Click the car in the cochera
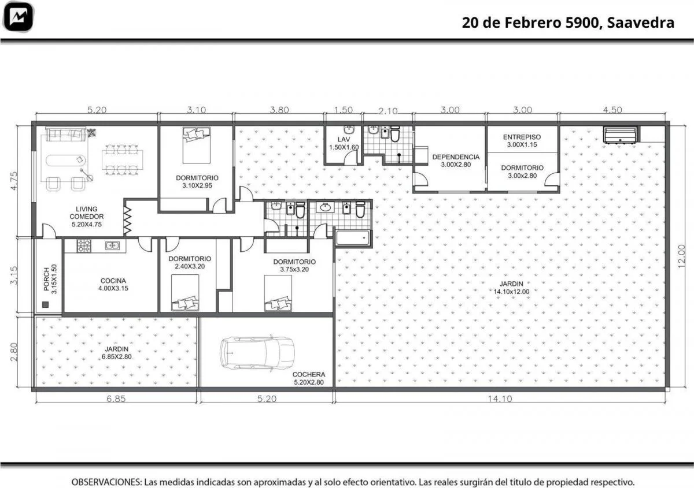tap(257, 353)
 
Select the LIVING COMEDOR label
tap(86, 217)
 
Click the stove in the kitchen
tap(84, 246)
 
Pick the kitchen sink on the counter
tap(112, 245)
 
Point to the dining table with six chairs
tap(123, 159)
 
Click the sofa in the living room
tap(66, 134)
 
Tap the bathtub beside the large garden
tap(353, 238)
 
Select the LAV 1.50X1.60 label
tap(344, 143)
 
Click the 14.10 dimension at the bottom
tap(500, 398)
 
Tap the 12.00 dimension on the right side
tap(681, 256)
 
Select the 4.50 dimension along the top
tap(612, 110)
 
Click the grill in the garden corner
tap(620, 135)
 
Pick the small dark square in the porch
tap(46, 304)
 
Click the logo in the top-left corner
tap(19, 17)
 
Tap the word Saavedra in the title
tap(640, 23)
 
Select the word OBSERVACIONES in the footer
tap(106, 482)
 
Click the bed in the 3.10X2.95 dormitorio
tap(197, 146)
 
